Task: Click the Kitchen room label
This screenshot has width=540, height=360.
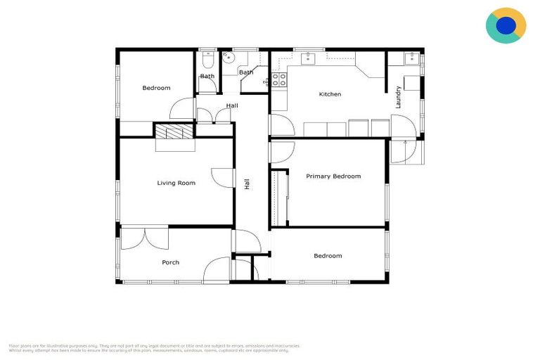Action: point(330,94)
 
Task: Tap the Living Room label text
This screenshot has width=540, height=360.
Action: point(176,183)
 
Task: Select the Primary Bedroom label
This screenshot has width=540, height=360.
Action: point(333,176)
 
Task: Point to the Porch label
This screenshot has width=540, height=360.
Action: point(170,262)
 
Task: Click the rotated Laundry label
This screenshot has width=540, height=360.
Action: point(399,96)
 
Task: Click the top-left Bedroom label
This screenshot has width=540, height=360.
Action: point(156,88)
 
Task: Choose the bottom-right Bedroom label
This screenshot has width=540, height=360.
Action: point(328,256)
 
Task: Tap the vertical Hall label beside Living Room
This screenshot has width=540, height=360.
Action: point(247,184)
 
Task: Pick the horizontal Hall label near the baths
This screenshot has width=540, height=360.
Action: point(232,106)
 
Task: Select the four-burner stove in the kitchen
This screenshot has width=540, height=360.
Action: point(279,79)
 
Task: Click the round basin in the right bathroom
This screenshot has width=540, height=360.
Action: point(228,60)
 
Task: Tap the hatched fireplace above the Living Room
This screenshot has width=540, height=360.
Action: point(174,131)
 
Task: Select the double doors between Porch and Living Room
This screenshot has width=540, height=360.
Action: point(144,238)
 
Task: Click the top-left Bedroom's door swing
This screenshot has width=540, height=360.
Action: point(182,110)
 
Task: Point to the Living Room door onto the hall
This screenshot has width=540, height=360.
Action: point(223,178)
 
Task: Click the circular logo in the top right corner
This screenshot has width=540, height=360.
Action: point(506,26)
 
